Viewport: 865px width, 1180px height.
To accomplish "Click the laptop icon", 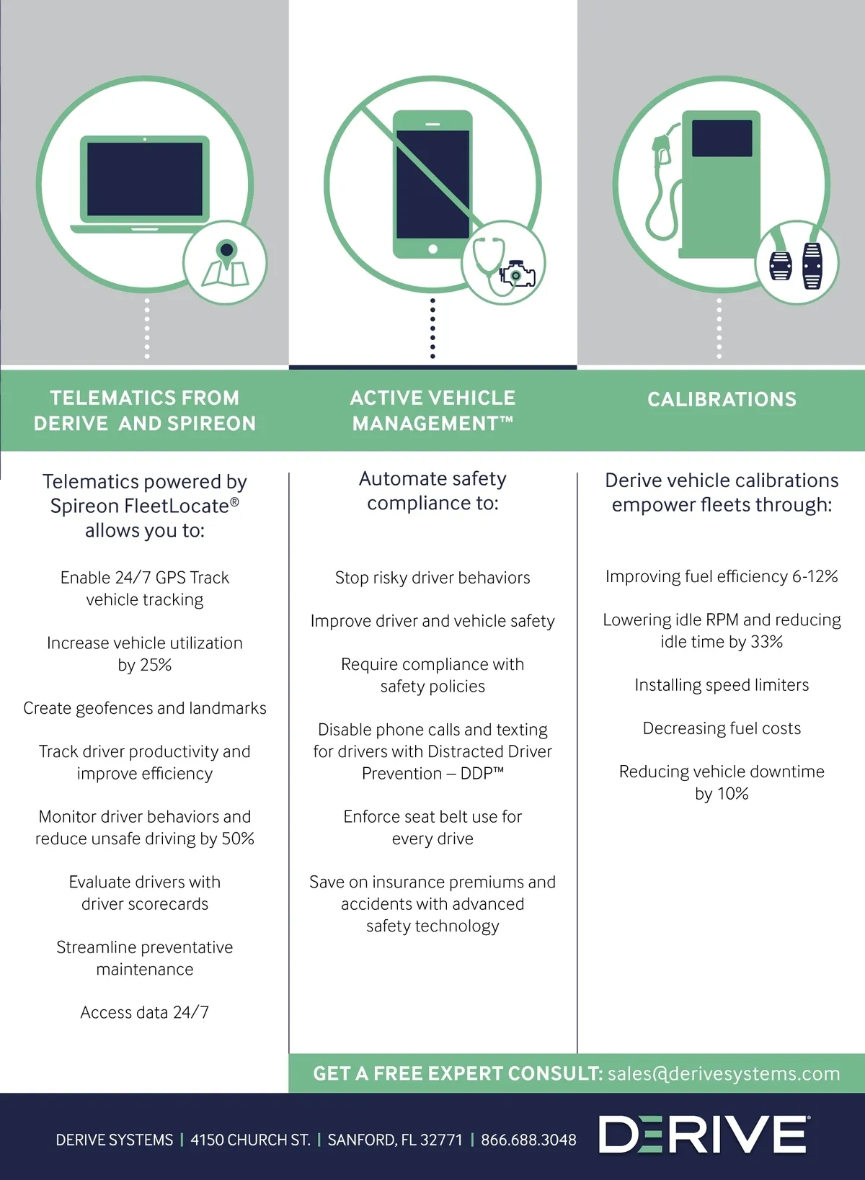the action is [x=145, y=184].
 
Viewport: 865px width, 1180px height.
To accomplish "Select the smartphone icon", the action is [x=432, y=184].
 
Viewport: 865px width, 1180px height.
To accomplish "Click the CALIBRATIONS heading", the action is [x=722, y=399].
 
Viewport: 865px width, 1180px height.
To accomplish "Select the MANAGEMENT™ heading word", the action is [x=432, y=423].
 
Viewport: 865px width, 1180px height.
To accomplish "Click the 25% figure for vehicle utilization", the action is [x=156, y=665].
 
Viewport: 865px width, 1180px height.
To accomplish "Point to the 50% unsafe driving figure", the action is [x=238, y=839].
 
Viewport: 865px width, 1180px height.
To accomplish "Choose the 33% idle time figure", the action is [x=766, y=642].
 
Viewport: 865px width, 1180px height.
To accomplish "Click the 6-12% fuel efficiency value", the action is [x=815, y=576].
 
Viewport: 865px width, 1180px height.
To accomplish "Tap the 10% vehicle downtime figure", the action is [x=733, y=793].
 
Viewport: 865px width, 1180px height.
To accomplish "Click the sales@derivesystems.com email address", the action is [x=724, y=1073].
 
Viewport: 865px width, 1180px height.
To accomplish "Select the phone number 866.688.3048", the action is [x=528, y=1140].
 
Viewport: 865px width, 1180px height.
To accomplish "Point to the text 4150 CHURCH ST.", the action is [x=250, y=1140].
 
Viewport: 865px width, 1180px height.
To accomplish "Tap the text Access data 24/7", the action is [x=144, y=1012].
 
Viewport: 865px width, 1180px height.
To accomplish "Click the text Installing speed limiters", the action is [x=722, y=685].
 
